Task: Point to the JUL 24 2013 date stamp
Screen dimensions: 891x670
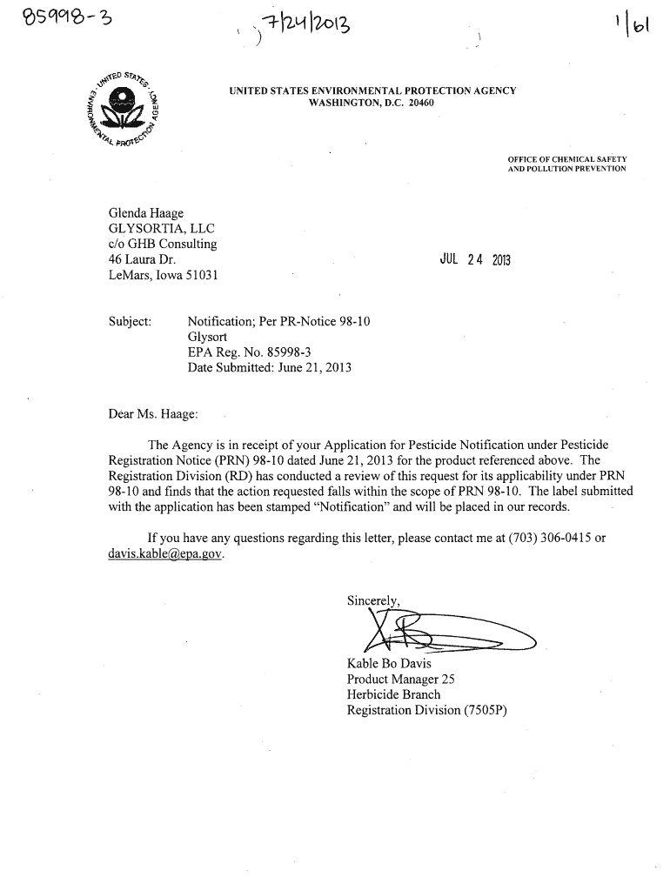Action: click(x=479, y=259)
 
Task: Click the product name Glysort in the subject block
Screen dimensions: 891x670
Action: click(x=209, y=337)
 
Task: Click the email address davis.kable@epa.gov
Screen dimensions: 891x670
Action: click(x=165, y=553)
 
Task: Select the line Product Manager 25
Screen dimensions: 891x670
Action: click(x=400, y=680)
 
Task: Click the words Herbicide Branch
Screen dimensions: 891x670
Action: click(x=393, y=694)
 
